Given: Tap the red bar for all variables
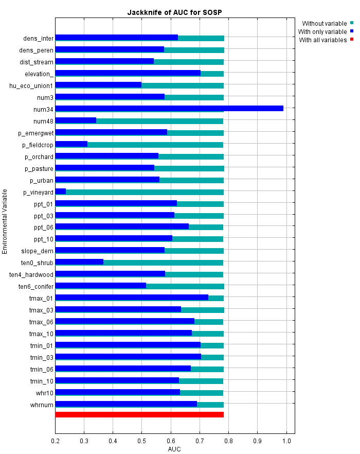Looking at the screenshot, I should coord(139,414).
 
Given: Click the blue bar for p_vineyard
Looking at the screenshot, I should coord(60,191).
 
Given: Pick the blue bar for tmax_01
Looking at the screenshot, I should coord(131,297).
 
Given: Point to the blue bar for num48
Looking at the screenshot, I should coord(76,120).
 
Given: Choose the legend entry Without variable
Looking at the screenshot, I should coord(324,23).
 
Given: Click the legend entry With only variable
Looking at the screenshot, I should coord(322,31).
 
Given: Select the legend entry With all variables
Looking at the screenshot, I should coord(322,40).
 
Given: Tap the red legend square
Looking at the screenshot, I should coord(352,40).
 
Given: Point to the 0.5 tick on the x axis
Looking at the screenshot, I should coord(141,441).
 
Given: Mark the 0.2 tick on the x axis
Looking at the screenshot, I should coord(55,441).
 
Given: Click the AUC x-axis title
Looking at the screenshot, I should coord(174,449).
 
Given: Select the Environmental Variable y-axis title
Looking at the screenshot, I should coord(5,221).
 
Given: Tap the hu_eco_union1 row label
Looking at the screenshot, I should coord(31,85).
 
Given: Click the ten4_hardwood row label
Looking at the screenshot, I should coord(31,274).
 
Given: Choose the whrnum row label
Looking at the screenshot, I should coord(42,405).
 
